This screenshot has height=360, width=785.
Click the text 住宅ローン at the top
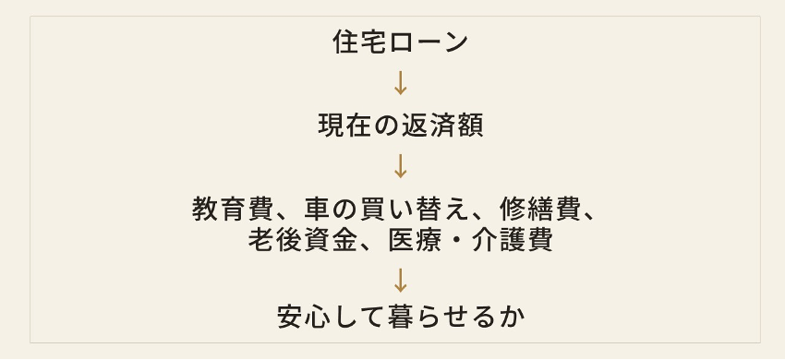[400, 42]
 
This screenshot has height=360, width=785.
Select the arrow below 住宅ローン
[400, 82]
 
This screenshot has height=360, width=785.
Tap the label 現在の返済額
[400, 126]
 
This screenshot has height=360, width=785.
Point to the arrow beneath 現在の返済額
[400, 166]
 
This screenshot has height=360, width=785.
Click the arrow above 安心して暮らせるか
[400, 281]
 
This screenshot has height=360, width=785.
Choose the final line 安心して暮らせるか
[400, 317]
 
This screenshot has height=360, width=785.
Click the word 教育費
[233, 210]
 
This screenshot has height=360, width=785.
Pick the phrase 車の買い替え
[387, 210]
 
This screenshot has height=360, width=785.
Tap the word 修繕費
[539, 210]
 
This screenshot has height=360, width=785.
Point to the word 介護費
[512, 240]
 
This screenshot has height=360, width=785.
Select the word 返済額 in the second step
[442, 126]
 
